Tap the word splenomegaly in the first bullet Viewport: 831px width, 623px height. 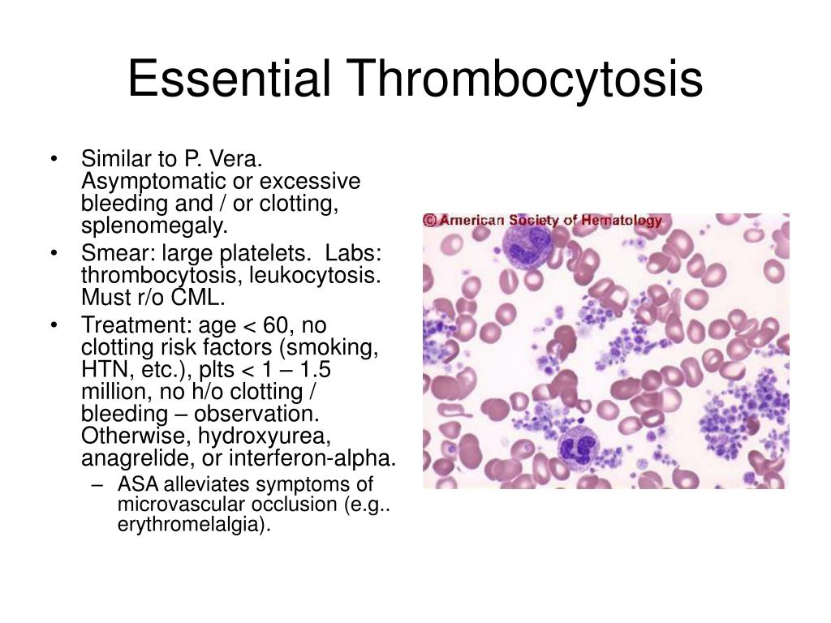click(x=154, y=226)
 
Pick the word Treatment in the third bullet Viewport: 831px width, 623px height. click(x=136, y=325)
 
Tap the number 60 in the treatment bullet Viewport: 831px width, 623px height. click(x=276, y=325)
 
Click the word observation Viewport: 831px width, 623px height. click(x=256, y=414)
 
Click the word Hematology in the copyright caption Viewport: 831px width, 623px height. click(x=621, y=220)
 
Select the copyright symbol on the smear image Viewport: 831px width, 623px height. click(x=430, y=220)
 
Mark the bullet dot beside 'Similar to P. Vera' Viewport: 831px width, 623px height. click(x=54, y=158)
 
